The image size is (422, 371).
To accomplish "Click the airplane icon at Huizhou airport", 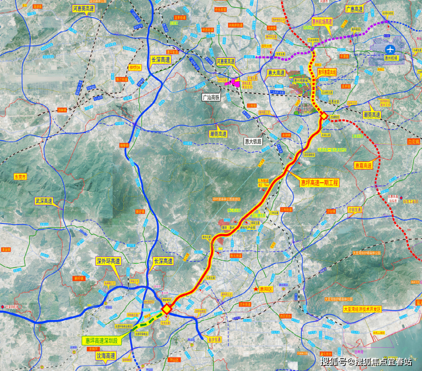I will coord(390,50).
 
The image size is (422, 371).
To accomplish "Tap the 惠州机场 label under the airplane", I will coord(390,58).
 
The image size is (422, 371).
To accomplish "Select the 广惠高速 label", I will coord(354,9).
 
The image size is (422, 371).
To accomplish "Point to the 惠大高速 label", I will coord(276,73).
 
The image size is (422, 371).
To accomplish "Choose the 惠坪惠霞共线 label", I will coord(327,72).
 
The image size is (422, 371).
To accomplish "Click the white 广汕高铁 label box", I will coord(211,98).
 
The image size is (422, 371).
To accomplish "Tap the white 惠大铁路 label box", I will coord(253,141).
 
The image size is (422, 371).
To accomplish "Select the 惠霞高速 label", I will coord(363,165).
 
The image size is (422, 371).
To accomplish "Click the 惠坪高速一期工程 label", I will coord(319,183).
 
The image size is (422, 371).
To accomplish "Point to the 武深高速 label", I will coord(44,201).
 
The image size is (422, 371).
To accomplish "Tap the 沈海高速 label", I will coord(105,356).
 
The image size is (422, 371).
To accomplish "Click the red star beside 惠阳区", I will coord(256,289).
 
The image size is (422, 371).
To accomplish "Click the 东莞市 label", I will coord(20,177).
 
